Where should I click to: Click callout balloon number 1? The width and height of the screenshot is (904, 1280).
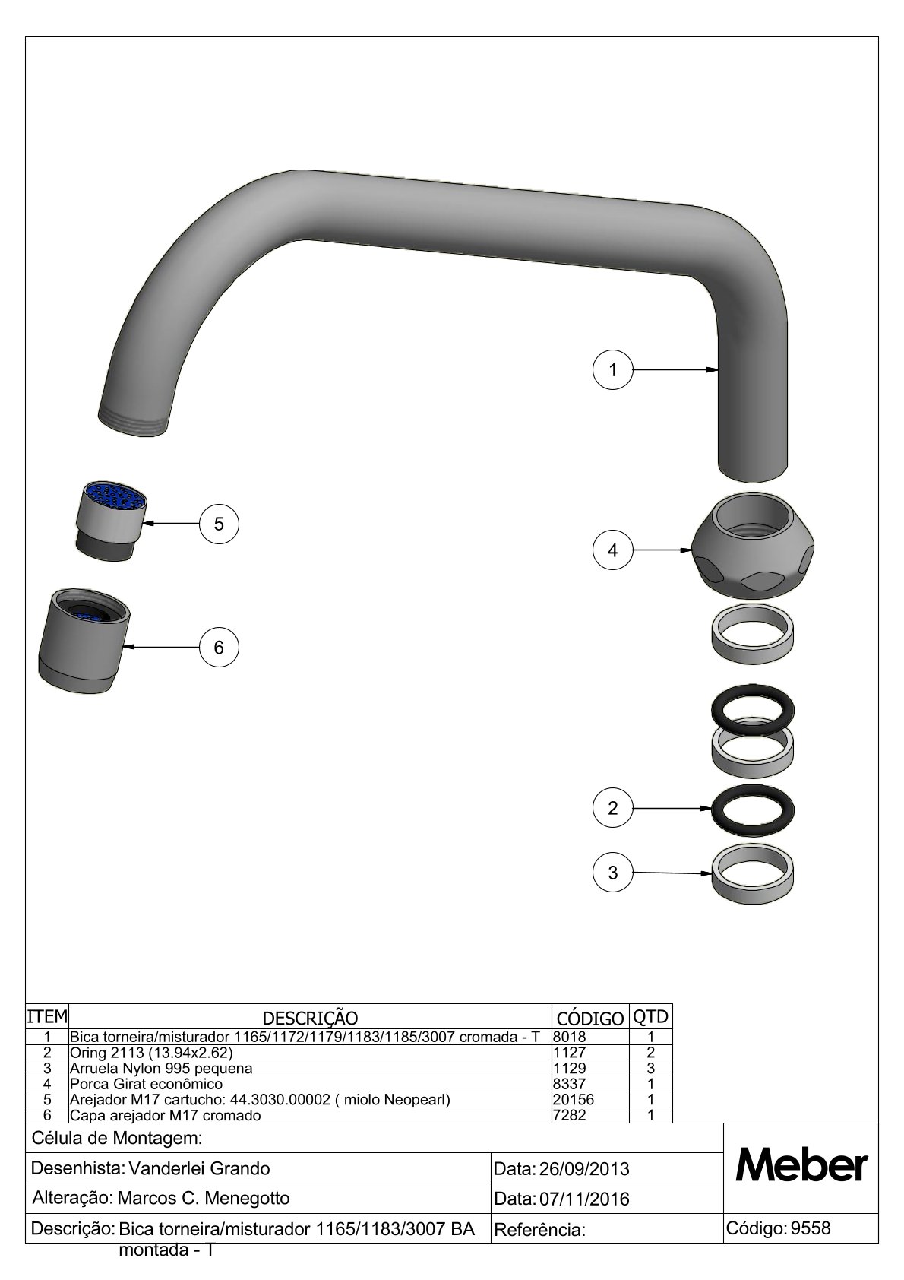[613, 369]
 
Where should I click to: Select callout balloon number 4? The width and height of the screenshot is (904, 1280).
[613, 550]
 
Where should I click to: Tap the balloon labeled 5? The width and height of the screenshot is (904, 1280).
[219, 524]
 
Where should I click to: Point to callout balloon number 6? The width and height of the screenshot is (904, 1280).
[219, 647]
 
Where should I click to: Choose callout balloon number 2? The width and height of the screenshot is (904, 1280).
[613, 808]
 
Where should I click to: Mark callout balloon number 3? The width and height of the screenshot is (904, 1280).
[613, 873]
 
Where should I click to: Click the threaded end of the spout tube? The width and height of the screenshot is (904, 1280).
[134, 422]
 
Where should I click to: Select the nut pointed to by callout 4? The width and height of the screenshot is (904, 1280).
[752, 546]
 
